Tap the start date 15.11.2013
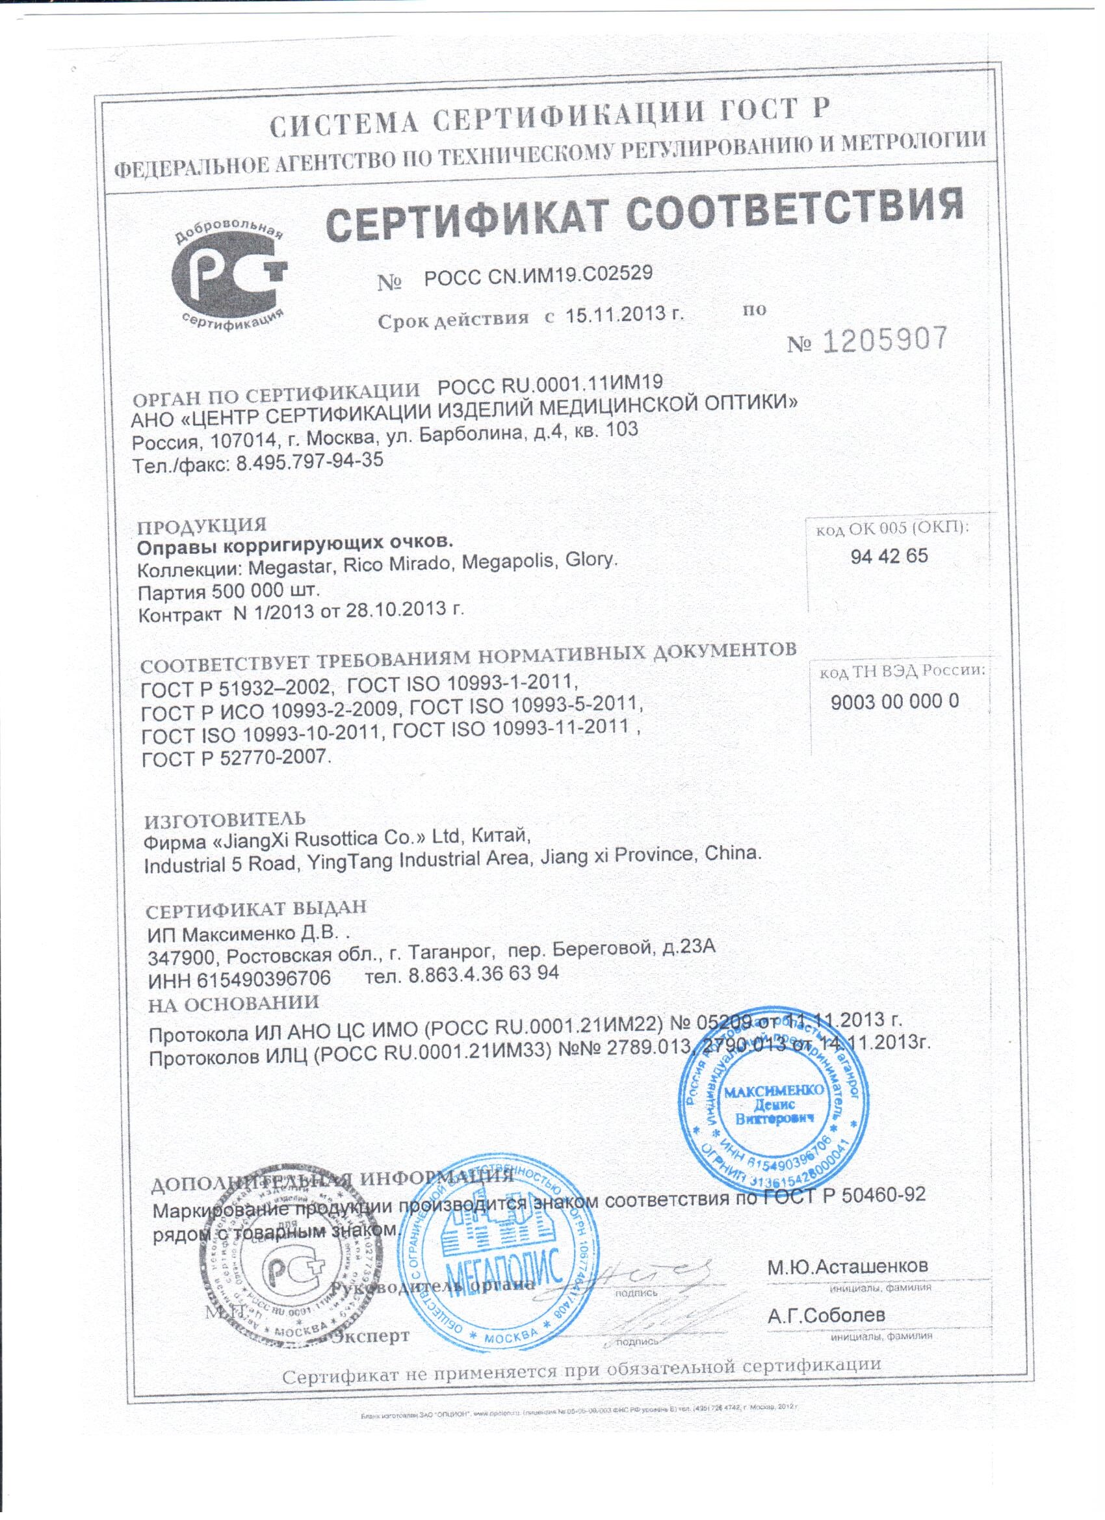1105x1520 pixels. tap(623, 313)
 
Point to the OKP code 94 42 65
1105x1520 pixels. tap(889, 556)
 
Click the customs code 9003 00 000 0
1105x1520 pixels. tap(894, 701)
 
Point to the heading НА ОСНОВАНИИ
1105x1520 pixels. tap(233, 1002)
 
